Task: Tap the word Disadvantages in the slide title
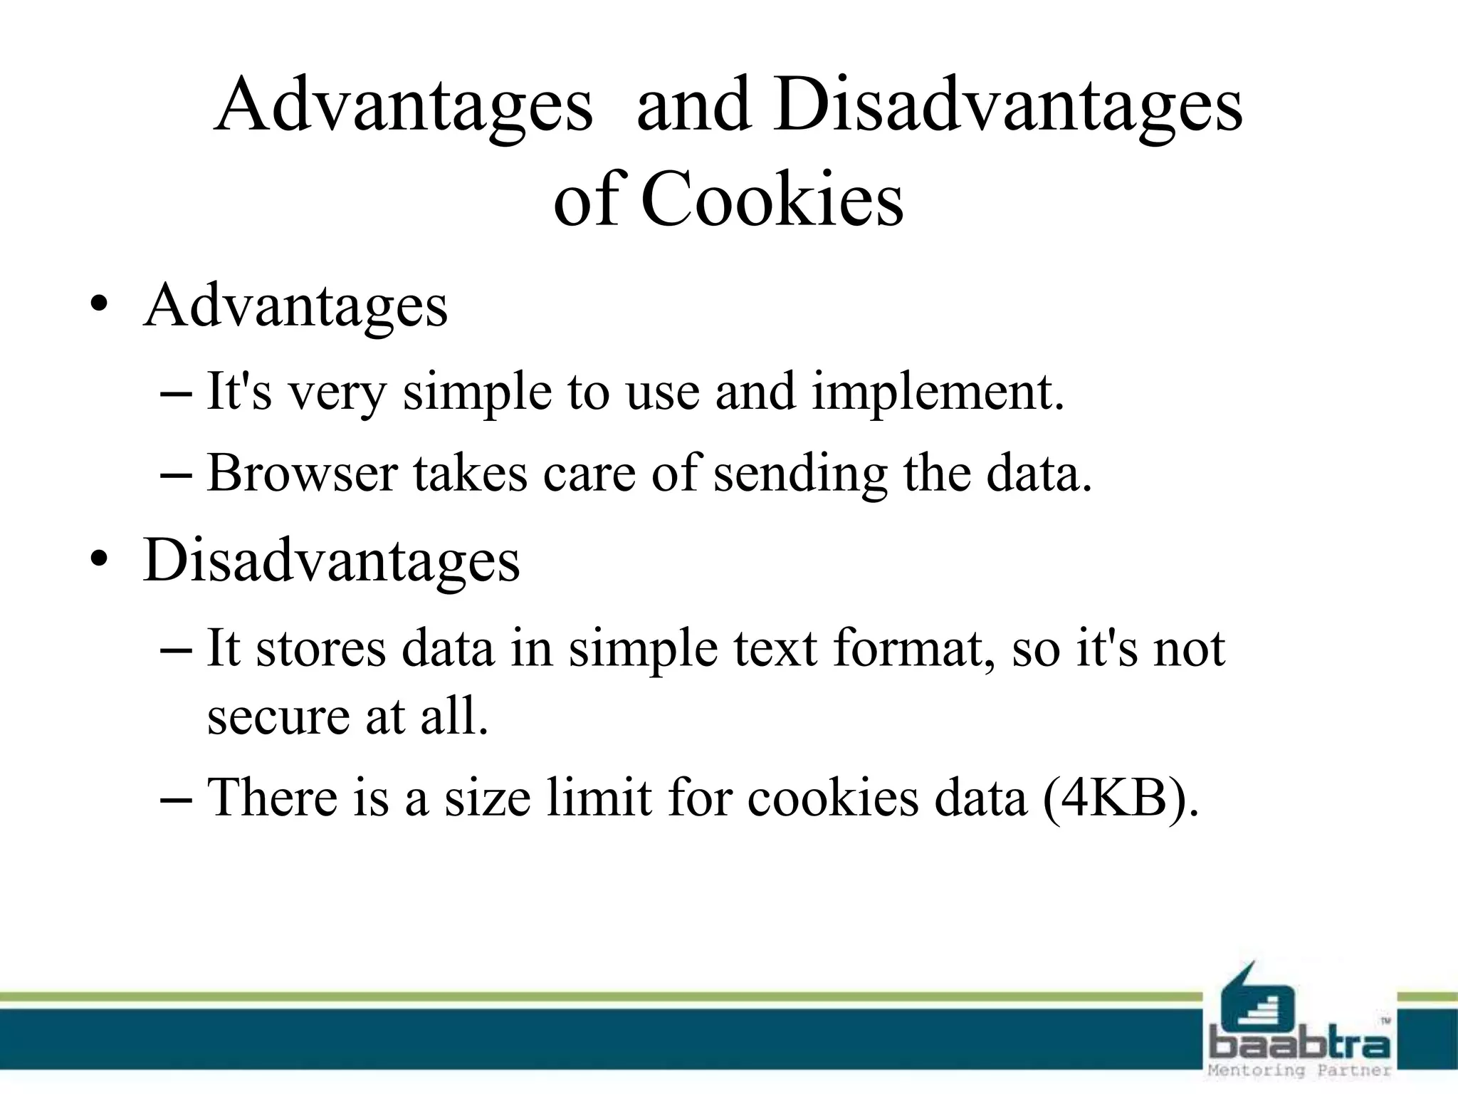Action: (1008, 105)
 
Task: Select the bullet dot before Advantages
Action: (99, 307)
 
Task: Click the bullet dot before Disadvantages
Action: (99, 561)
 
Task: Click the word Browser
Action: (302, 473)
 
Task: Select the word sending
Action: (801, 474)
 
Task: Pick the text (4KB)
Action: (1121, 798)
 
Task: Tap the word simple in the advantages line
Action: (477, 392)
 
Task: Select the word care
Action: (589, 474)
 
